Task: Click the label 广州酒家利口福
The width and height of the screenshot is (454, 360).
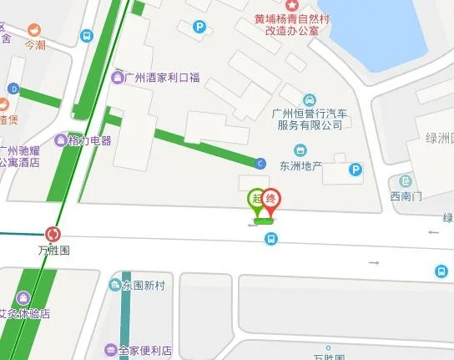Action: pos(162,79)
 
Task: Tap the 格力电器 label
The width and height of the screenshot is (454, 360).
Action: pos(89,140)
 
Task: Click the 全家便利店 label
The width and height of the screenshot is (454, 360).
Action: pos(144,349)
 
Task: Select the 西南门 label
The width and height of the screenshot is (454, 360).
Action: pos(406,196)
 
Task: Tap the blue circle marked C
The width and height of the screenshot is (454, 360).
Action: pos(260,163)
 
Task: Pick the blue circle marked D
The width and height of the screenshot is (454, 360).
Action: pos(13,89)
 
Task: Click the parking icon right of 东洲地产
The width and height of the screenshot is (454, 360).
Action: pos(356,170)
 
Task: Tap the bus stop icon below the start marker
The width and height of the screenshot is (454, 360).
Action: pos(270,240)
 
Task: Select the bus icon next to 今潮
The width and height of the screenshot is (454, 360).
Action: pos(86,37)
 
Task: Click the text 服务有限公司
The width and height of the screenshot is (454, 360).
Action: pos(310,125)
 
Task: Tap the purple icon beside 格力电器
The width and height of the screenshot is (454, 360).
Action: pos(61,140)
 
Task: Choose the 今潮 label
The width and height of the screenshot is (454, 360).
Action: pos(35,44)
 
